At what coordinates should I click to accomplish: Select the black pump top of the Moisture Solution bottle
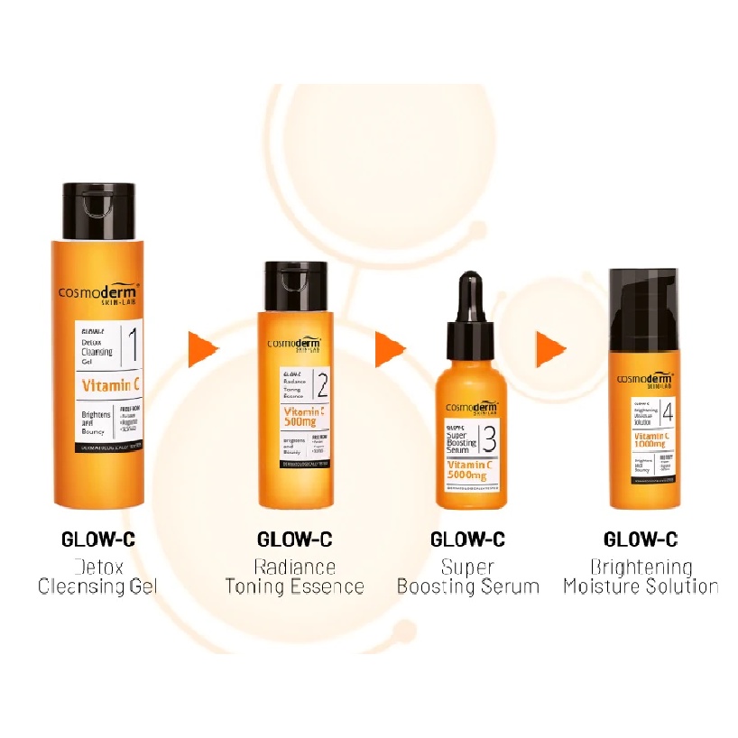(x=645, y=302)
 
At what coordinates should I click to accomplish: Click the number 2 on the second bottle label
(x=321, y=390)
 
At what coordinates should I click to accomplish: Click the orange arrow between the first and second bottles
(x=203, y=349)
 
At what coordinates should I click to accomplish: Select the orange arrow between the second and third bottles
(x=390, y=348)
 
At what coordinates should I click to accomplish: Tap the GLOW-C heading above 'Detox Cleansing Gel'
(x=97, y=540)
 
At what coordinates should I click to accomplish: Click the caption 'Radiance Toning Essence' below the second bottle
(x=295, y=577)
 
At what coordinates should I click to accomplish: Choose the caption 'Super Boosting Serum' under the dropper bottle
(x=467, y=577)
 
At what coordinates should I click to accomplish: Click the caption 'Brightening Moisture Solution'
(x=641, y=577)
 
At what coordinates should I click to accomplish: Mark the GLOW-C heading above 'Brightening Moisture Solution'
(x=641, y=540)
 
